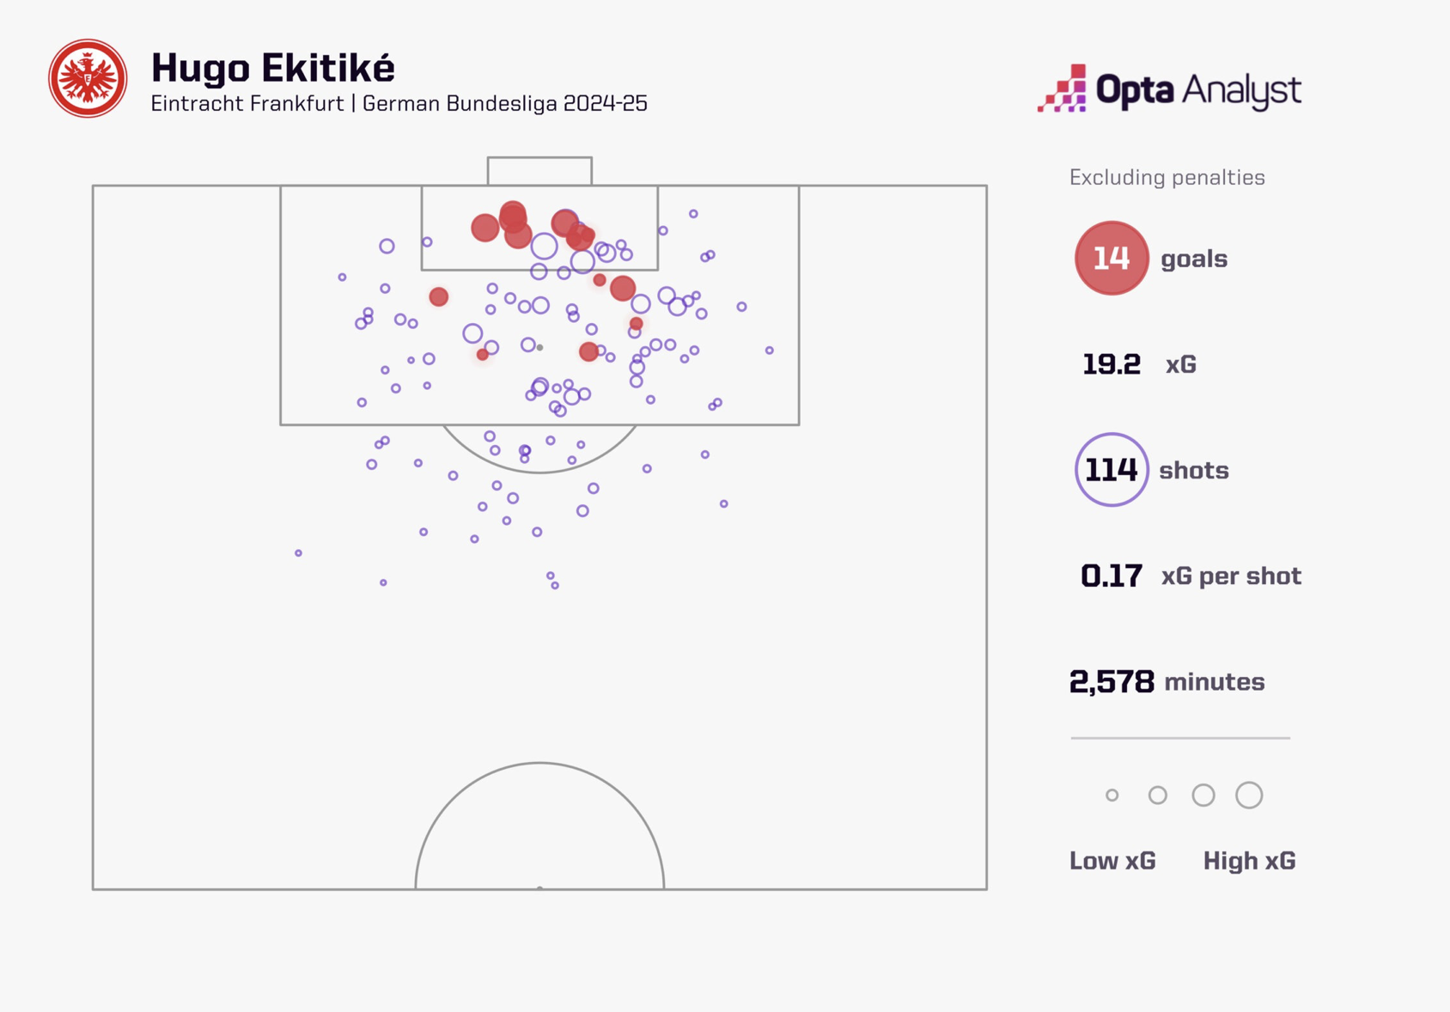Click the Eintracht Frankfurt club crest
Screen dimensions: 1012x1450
point(88,78)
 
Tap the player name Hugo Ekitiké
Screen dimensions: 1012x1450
point(272,69)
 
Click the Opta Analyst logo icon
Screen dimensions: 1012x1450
point(1063,88)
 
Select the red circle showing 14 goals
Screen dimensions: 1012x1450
point(1111,259)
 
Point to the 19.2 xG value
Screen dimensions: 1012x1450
point(1111,364)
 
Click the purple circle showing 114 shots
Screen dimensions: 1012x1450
point(1111,470)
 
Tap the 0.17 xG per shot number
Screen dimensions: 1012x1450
point(1111,576)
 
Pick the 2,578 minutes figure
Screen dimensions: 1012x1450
point(1111,682)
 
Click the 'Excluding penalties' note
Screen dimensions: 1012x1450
point(1167,178)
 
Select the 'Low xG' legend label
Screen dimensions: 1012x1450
point(1112,861)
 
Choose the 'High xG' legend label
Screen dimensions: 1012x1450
point(1249,861)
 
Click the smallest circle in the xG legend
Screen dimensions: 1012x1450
point(1112,796)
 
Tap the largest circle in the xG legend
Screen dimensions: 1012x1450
point(1249,796)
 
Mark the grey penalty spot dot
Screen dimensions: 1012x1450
point(539,348)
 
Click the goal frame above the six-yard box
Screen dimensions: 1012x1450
point(539,170)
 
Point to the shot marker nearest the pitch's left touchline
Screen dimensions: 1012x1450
point(298,553)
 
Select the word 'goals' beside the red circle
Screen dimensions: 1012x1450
point(1193,259)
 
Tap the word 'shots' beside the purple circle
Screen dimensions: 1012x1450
point(1193,471)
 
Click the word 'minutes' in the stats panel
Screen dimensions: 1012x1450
point(1214,682)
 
